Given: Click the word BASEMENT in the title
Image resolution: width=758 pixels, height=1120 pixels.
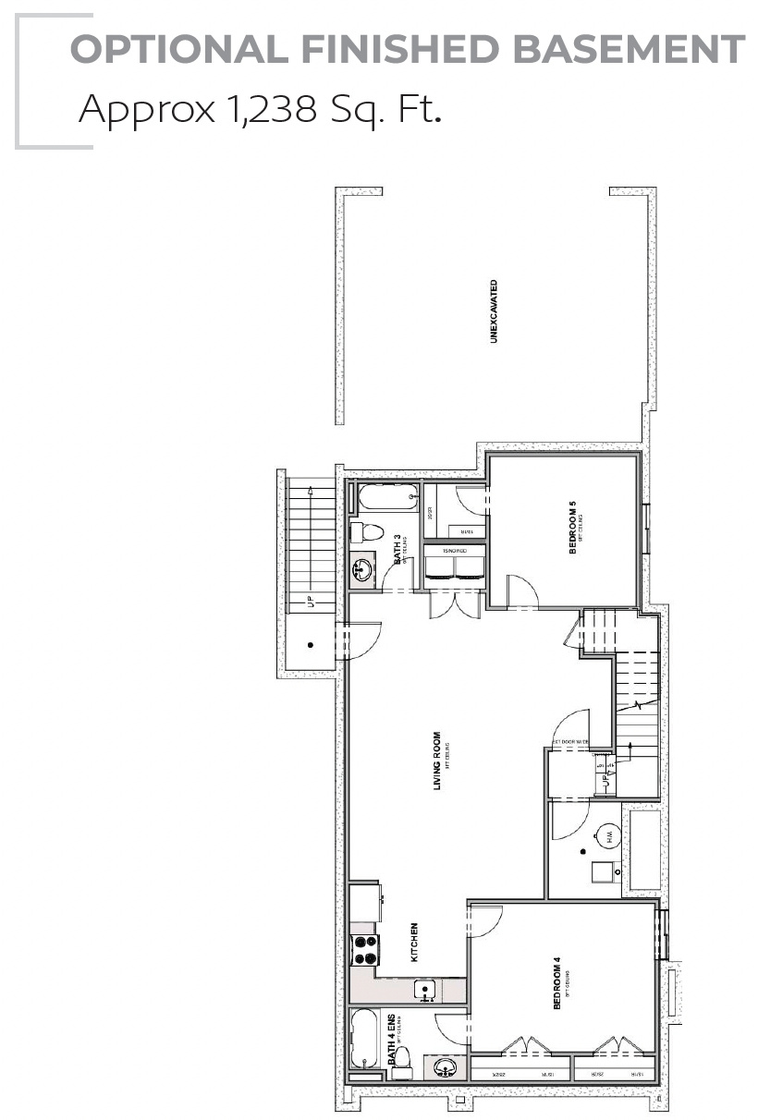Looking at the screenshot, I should tap(630, 49).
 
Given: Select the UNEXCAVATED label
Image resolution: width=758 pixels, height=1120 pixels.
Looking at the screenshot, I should tap(495, 311).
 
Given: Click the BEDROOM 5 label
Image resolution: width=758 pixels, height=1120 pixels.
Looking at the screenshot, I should tap(573, 528).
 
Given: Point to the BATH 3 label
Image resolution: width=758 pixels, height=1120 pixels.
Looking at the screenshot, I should tap(398, 549).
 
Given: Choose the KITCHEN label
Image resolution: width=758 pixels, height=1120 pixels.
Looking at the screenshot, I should tap(414, 942).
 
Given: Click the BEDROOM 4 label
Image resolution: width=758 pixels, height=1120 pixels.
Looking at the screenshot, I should tap(556, 988).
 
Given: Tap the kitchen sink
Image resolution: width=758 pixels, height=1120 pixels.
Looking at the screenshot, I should tap(426, 992).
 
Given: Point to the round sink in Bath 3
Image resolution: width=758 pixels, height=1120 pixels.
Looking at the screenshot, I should tap(361, 568).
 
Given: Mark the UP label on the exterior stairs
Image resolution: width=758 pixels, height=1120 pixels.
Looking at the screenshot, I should tap(311, 602).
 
